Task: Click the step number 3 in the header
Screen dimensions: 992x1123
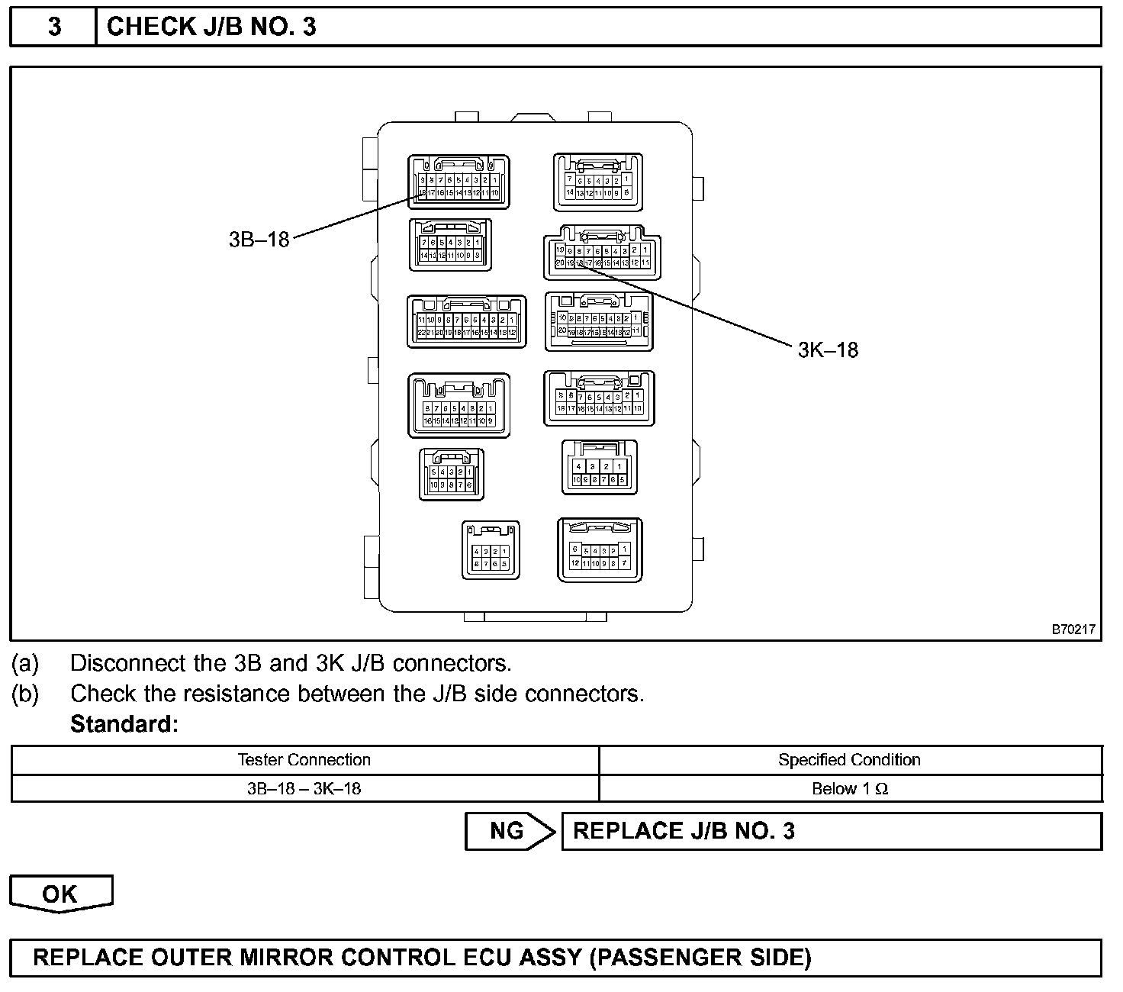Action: pos(54,27)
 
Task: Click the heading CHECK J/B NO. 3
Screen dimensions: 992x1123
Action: pos(211,27)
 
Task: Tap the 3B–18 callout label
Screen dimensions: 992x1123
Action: pos(259,239)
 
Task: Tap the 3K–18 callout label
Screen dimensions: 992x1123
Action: pos(828,350)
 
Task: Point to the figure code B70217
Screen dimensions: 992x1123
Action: pos(1073,630)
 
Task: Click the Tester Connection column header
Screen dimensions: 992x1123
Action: pos(304,760)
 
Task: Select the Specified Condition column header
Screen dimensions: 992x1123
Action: pos(849,760)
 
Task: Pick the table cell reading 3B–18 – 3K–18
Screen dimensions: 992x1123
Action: pos(304,788)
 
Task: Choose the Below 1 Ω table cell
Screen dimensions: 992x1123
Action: pos(849,788)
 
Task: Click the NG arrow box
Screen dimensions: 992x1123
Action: pos(509,831)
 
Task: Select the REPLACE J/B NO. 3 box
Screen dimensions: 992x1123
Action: pos(831,831)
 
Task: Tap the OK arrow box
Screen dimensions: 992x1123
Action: pos(60,893)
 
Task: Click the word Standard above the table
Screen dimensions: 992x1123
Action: pos(124,723)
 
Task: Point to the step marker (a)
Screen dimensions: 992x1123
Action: pos(24,663)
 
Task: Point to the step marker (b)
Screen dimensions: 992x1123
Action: pos(24,694)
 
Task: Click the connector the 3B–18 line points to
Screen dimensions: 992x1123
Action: pos(459,182)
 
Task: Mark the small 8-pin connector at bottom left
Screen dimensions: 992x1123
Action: pos(491,550)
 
